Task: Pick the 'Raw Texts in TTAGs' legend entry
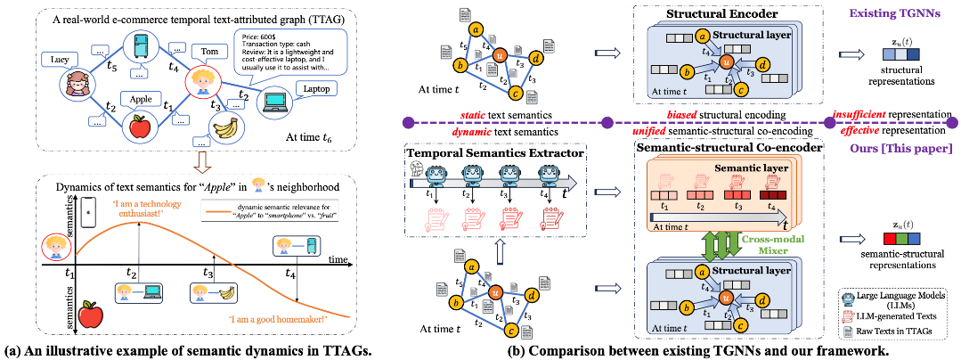(899, 329)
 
